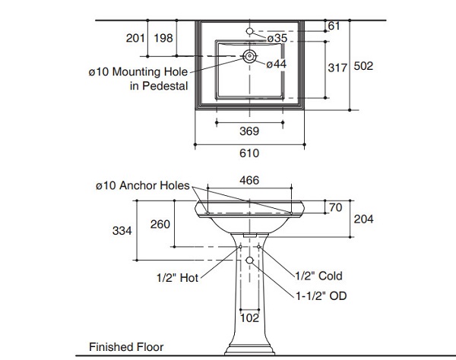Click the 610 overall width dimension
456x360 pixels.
tap(249, 153)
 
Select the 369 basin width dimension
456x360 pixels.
tap(249, 131)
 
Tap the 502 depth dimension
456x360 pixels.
tap(363, 67)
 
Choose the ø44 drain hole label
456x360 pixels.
tap(276, 65)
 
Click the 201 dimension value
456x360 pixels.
tap(135, 37)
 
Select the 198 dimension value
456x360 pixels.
tap(163, 37)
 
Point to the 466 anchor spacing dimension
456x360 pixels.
tap(249, 182)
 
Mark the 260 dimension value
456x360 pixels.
tap(160, 224)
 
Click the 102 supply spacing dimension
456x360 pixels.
tap(249, 320)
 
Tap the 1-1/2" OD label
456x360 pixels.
tap(321, 296)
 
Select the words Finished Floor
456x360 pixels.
tap(126, 347)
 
